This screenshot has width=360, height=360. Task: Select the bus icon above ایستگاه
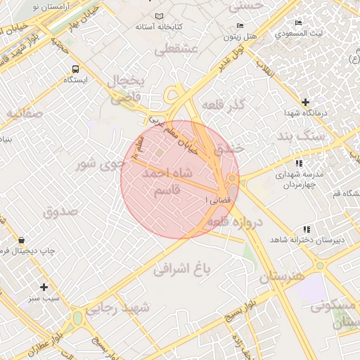[x=75, y=69]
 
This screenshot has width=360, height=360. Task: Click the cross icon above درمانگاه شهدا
[x=305, y=102]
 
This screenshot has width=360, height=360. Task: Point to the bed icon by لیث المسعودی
[x=299, y=23]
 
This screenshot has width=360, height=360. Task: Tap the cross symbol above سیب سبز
[x=44, y=287]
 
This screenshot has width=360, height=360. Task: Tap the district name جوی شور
[x=101, y=165]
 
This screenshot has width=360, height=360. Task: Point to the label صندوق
[x=59, y=211]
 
